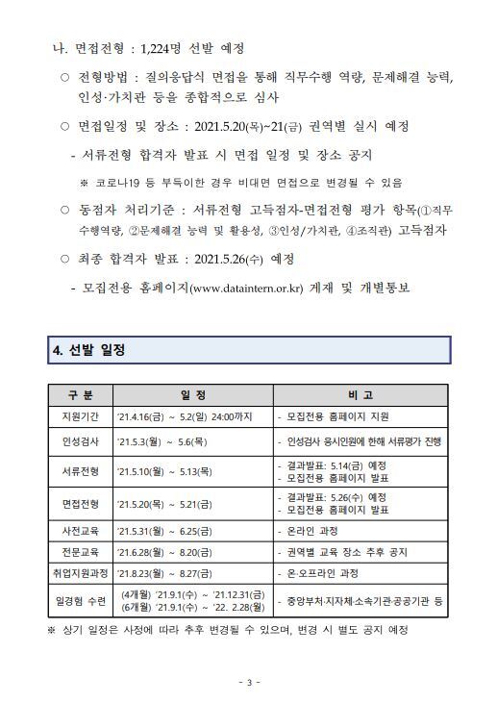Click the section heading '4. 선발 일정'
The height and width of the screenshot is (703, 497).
coord(88,350)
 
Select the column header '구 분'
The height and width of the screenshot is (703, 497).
coord(81,395)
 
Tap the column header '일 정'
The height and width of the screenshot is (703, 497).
coord(192,395)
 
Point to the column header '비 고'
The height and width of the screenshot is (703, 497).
coord(361,395)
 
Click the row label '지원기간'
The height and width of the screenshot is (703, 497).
coord(81,417)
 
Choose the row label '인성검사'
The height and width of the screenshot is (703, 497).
coord(81,442)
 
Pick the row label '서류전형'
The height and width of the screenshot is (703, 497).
coord(81,472)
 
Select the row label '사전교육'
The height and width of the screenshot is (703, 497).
coord(81,531)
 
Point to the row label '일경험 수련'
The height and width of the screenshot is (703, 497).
coord(81,602)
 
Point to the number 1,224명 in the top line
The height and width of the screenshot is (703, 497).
coord(164,48)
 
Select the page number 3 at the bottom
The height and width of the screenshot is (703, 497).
coord(248,683)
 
